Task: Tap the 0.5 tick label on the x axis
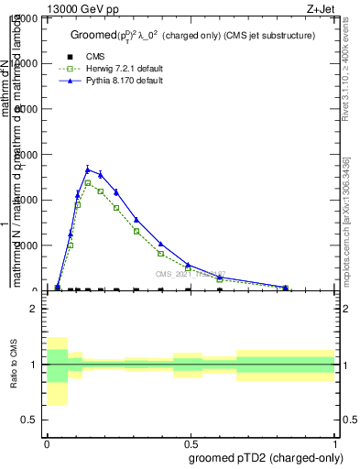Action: tap(191, 442)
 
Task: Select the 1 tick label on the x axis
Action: tap(334, 442)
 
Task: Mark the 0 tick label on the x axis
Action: tap(47, 442)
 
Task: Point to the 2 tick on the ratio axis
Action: tap(34, 309)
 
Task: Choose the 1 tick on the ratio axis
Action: tap(34, 365)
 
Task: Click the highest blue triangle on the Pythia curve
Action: tap(88, 169)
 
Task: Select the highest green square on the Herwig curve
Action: tap(88, 183)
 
